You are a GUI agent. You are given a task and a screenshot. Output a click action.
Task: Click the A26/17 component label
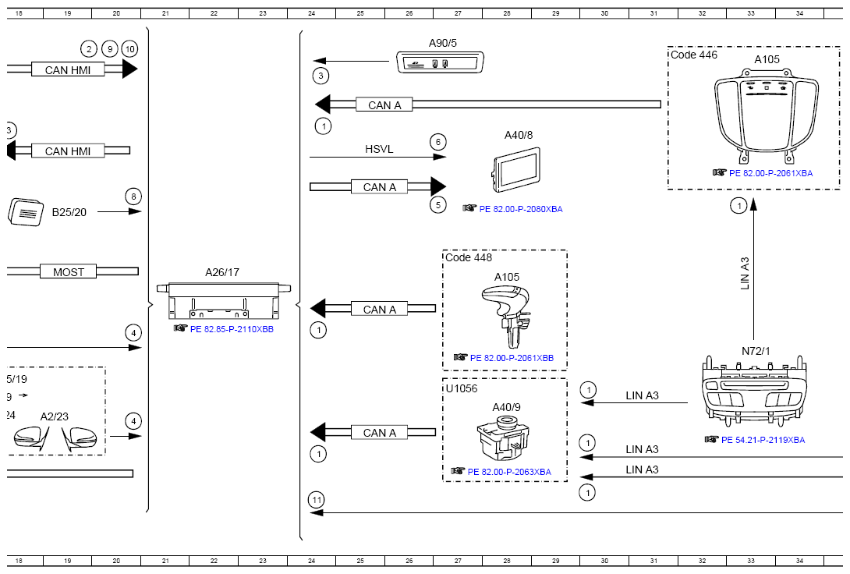click(222, 272)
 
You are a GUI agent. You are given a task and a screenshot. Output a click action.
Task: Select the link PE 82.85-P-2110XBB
click(232, 329)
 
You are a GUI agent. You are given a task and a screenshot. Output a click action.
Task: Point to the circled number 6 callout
click(437, 142)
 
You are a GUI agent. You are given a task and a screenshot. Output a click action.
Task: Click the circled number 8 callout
click(133, 197)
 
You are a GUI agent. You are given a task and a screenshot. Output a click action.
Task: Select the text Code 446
click(694, 55)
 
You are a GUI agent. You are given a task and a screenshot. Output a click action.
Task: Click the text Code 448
click(469, 257)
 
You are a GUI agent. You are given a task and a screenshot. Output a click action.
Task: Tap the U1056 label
click(462, 388)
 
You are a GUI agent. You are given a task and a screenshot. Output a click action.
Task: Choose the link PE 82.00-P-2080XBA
click(520, 209)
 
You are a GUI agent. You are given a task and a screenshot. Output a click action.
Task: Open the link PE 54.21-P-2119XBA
click(763, 440)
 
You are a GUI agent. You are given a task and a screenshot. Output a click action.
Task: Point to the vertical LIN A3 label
click(745, 274)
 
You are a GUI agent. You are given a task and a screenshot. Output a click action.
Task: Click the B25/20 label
click(69, 211)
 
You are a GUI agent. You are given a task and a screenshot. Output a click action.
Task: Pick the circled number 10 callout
click(130, 49)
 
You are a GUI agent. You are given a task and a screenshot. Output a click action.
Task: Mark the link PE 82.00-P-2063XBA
click(509, 472)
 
